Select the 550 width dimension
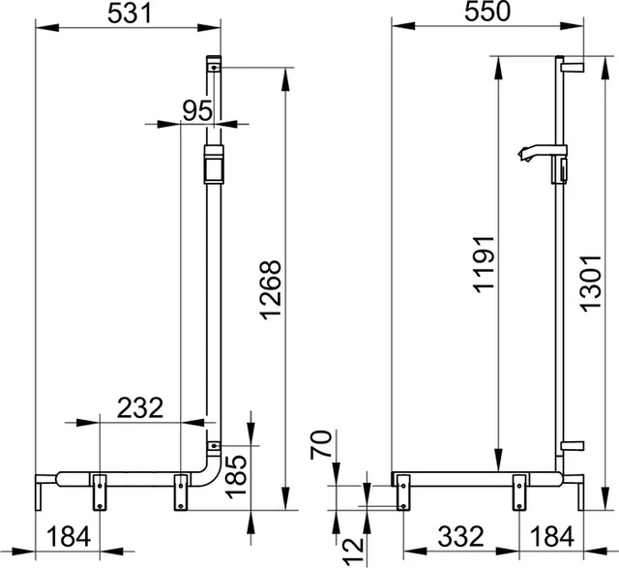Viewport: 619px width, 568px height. pos(488,14)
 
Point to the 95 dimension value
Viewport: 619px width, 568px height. pos(197,110)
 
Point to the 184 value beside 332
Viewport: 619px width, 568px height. pos(553,534)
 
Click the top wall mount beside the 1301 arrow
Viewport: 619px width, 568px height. pos(573,65)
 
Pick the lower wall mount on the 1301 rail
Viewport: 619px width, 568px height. pos(573,446)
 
